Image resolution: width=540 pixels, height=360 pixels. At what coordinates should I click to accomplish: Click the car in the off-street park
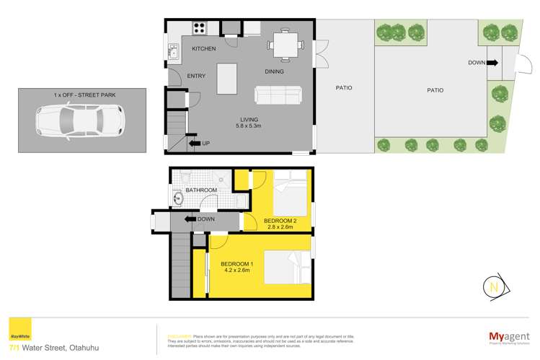(78, 120)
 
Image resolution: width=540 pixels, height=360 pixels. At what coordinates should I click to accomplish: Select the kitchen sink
(173, 51)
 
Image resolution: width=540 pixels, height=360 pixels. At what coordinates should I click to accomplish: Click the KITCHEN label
(204, 48)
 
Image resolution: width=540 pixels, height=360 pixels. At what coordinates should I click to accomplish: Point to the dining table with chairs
(282, 45)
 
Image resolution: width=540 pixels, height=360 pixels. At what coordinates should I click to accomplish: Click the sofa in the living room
(278, 95)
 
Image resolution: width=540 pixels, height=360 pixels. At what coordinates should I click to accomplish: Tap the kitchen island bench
(227, 78)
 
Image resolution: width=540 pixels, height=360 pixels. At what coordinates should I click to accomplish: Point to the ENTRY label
(197, 76)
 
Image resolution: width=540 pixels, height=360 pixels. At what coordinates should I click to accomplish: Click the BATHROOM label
(201, 190)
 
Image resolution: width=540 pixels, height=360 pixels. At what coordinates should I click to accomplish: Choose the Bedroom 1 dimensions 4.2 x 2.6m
(236, 271)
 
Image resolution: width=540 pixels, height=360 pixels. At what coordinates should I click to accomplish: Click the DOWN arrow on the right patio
(492, 63)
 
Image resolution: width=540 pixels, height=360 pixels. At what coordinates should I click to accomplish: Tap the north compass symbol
(492, 286)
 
